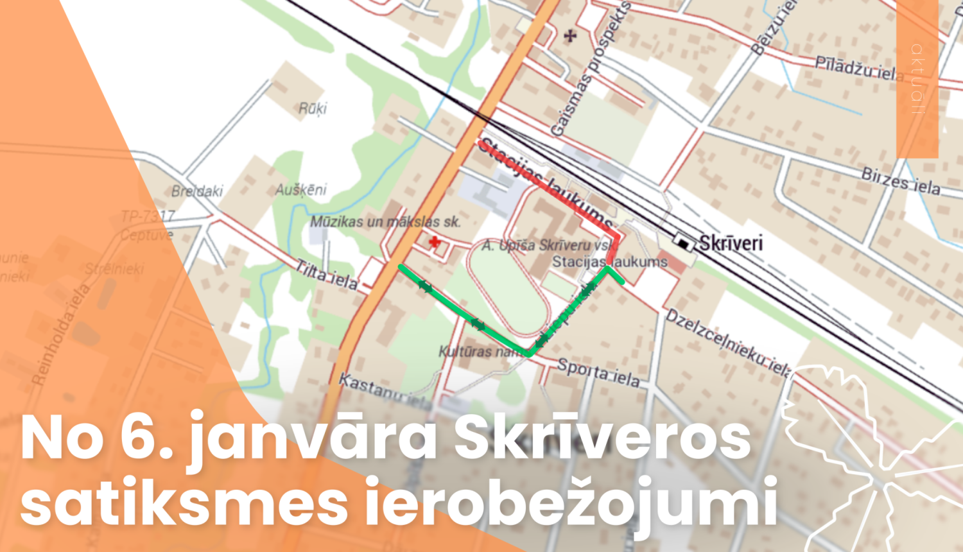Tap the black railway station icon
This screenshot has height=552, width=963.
click(x=683, y=243)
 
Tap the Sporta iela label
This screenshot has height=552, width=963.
click(x=598, y=372)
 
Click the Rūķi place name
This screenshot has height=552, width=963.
click(x=313, y=108)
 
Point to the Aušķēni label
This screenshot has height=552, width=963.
click(x=300, y=190)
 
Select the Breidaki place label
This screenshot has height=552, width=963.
click(x=197, y=191)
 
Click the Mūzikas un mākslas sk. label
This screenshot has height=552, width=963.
click(x=385, y=222)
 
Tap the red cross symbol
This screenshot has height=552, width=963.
click(x=435, y=242)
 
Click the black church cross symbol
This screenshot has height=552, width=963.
click(x=569, y=36)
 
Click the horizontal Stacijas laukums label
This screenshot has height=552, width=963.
click(x=609, y=262)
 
